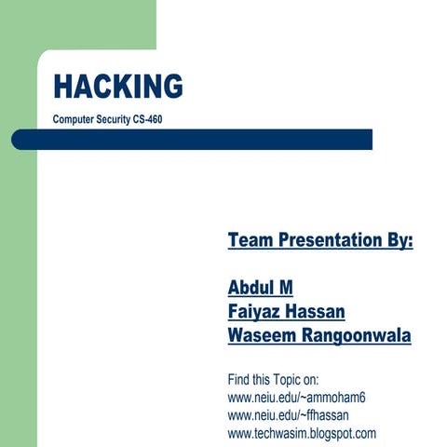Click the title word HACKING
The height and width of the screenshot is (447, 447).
117,86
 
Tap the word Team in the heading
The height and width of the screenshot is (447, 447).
248,240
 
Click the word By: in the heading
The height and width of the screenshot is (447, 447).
396,240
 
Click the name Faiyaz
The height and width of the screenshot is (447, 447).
255,312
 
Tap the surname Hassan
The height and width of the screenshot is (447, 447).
320,312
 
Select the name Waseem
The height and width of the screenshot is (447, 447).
260,336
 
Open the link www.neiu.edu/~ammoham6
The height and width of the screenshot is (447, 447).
296,398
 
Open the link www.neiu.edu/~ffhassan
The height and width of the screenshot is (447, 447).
290,415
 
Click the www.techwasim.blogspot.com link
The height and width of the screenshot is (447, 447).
302,433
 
